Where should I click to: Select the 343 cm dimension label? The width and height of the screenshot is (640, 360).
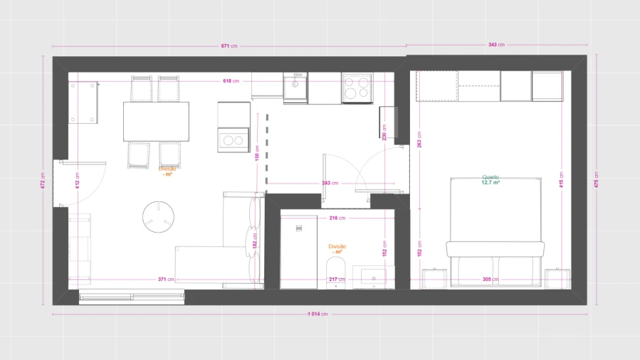(496, 45)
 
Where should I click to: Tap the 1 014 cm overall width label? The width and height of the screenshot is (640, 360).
(318, 314)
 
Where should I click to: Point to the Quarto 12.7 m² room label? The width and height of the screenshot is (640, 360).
(491, 180)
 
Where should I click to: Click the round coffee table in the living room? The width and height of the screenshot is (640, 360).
(158, 217)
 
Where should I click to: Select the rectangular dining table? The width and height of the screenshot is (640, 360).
(157, 122)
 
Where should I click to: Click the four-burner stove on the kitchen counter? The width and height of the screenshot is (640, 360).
(357, 88)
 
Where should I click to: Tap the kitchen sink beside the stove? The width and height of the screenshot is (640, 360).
(295, 87)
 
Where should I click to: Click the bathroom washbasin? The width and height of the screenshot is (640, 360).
(374, 277)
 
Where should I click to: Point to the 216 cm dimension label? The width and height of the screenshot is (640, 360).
(337, 218)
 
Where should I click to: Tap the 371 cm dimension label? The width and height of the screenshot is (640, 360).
(166, 280)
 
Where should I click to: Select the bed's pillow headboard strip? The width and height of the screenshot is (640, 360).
(495, 249)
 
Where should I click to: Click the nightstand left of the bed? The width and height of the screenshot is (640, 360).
(434, 279)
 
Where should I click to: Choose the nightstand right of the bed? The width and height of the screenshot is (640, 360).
(557, 279)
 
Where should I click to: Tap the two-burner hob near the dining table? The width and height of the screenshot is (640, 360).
(234, 140)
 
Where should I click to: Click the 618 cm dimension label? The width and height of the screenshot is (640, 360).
(230, 80)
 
